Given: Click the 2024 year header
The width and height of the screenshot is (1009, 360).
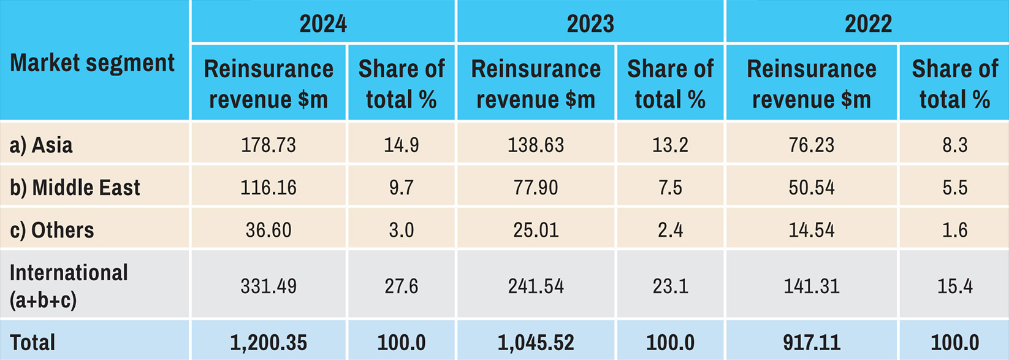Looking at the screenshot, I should [323, 24].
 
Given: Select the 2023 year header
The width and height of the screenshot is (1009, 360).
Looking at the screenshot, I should [590, 24].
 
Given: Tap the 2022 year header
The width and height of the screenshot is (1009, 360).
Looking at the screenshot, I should [868, 24].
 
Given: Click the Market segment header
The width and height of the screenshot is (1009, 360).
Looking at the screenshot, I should [93, 63].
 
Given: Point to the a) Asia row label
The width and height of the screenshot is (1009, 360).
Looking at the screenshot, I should [41, 145].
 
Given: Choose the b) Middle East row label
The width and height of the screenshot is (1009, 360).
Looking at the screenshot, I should [75, 188].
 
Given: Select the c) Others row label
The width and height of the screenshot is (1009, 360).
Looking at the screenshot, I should [52, 230].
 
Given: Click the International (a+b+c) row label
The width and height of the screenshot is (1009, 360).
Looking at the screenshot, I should [69, 286].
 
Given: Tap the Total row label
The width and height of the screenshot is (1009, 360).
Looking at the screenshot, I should [32, 342].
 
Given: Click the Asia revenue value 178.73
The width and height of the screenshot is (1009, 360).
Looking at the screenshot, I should [268, 145].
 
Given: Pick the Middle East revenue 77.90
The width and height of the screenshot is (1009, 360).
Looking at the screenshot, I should [536, 188].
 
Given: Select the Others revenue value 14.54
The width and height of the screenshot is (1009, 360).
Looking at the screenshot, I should [812, 230].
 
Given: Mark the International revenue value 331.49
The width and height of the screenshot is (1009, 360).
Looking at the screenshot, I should [268, 286].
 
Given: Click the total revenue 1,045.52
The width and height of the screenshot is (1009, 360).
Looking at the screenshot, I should [536, 342].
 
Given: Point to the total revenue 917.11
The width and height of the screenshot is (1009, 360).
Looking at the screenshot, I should [812, 342].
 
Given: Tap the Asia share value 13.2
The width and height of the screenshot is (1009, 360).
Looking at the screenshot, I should [670, 145].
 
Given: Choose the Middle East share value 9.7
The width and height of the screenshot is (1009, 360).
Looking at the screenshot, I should [402, 188].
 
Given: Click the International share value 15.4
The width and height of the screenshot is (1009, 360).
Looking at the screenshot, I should [954, 286].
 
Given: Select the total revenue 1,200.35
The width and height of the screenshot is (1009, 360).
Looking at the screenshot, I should [268, 342].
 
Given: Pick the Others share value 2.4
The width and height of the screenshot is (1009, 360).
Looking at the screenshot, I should [670, 230].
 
